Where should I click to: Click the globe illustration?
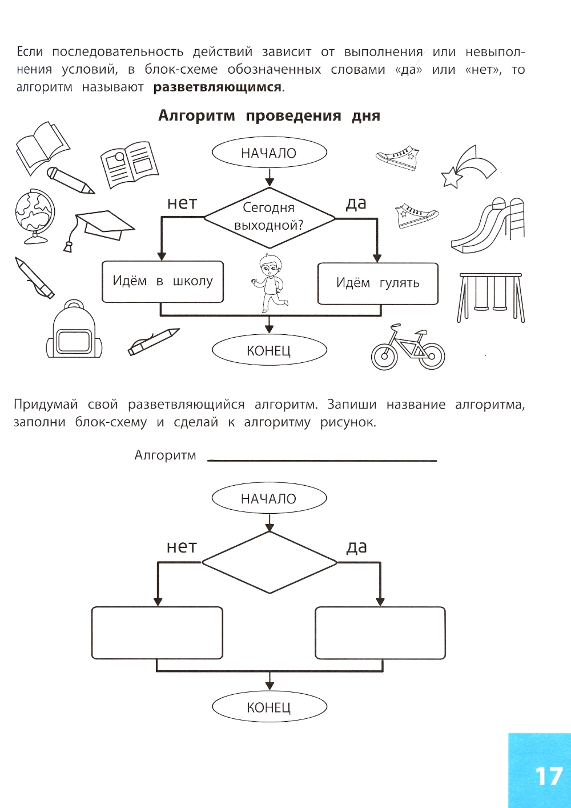[34, 214]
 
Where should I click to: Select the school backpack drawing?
[74, 332]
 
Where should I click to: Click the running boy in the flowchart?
[267, 282]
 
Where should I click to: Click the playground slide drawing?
[489, 226]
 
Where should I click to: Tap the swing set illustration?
[491, 297]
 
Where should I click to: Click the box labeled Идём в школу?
[162, 282]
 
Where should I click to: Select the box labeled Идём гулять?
[377, 283]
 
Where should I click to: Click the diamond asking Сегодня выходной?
[269, 217]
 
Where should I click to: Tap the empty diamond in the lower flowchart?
[269, 563]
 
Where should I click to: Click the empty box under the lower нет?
[157, 633]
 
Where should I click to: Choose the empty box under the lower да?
[380, 633]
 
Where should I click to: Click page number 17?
[548, 777]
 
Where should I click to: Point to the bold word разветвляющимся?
[218, 87]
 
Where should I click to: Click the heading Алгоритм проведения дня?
[269, 116]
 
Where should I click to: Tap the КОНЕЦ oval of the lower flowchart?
[269, 707]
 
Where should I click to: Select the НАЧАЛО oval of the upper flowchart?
[269, 153]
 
